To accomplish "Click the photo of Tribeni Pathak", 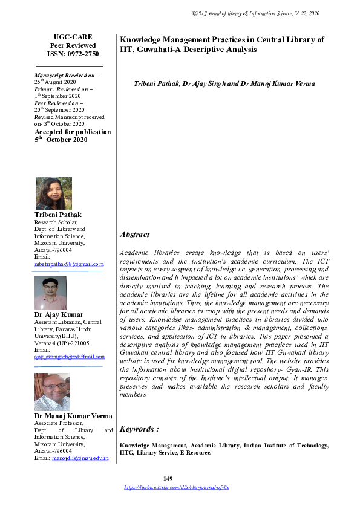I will (x=54, y=193).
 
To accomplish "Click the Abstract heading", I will (x=135, y=234).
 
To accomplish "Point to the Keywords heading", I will (x=139, y=429).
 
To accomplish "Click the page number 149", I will (x=177, y=479).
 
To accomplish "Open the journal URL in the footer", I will (x=176, y=487).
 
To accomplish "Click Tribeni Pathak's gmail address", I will (x=69, y=264).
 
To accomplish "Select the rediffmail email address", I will (x=69, y=357).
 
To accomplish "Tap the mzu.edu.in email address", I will (x=80, y=459).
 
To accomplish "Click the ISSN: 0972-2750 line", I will (x=68, y=54).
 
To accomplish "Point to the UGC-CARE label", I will (x=68, y=37).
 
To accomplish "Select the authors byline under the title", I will (x=224, y=84).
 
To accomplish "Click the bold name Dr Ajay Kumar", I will (x=59, y=314).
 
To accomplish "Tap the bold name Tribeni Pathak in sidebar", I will (x=59, y=215).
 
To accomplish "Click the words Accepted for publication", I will (x=73, y=132).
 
